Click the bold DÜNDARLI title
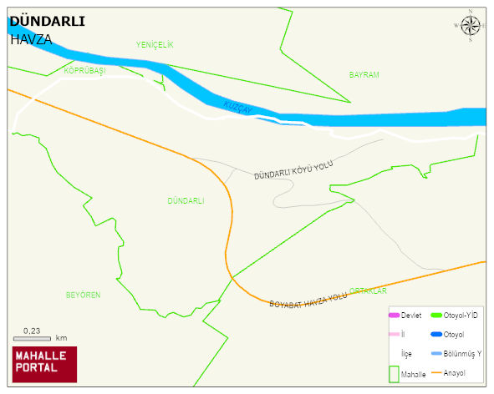47,22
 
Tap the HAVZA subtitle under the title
31,38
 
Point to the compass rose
471,26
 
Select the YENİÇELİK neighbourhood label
154,45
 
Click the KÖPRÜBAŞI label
84,71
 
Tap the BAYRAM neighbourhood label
364,75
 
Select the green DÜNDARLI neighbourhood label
186,201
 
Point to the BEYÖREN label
83,295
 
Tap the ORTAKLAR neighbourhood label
368,290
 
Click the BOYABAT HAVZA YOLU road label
308,301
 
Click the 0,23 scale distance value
32,331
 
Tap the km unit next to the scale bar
61,338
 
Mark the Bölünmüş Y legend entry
462,354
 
